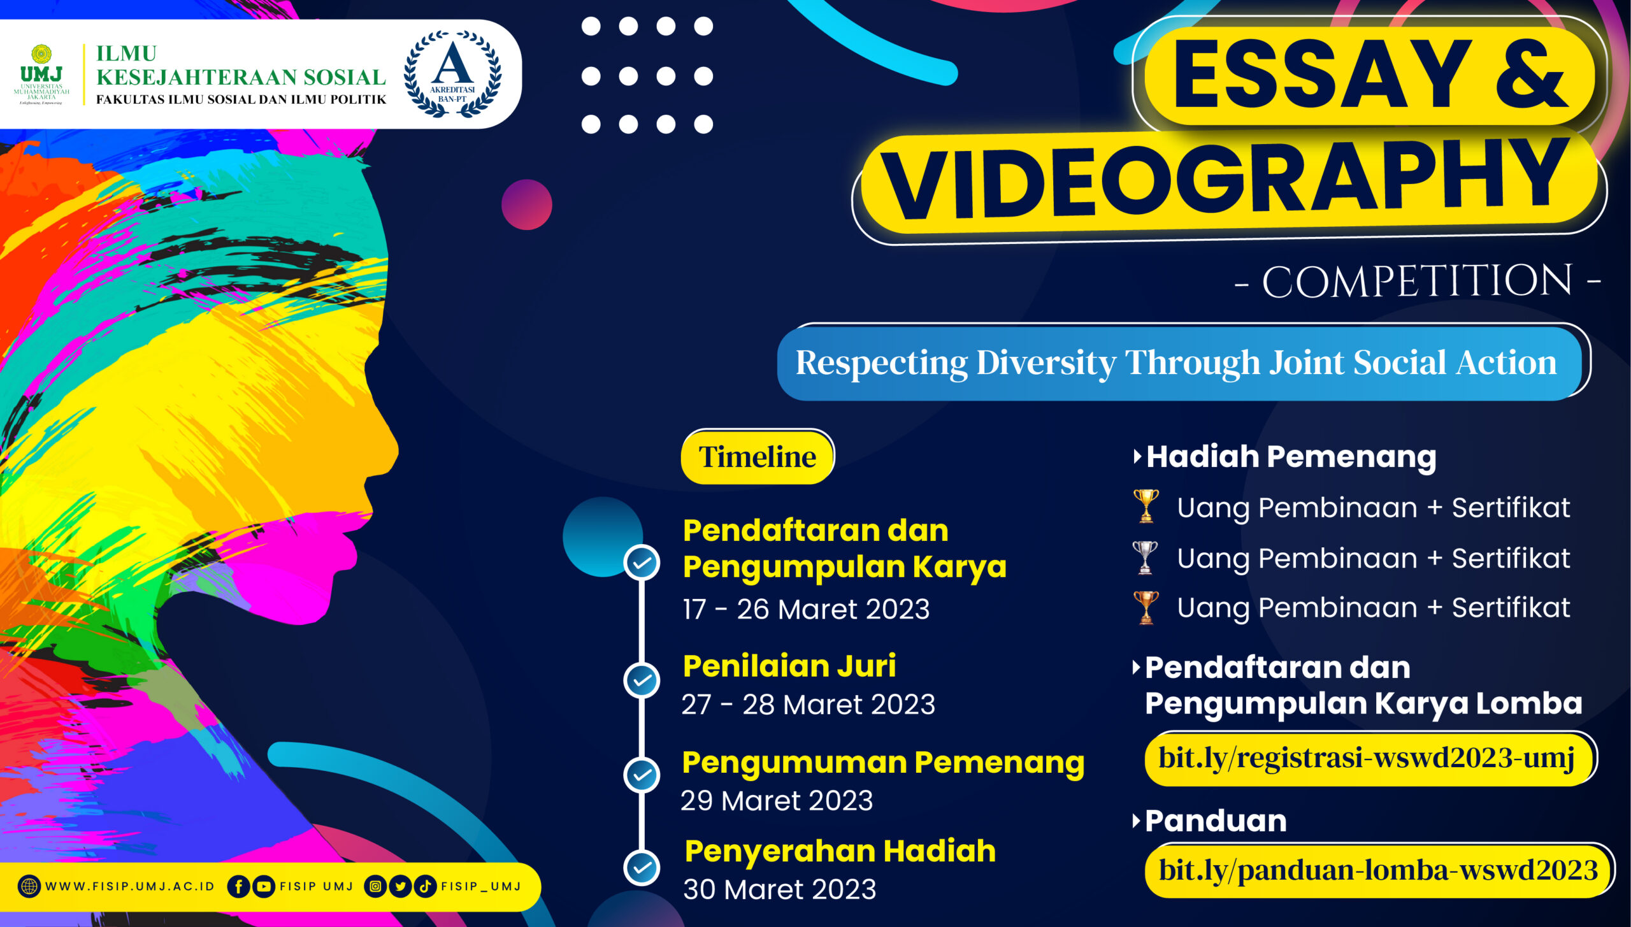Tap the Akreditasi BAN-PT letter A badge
tap(452, 74)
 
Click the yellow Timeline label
tap(758, 457)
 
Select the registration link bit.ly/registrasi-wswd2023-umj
tap(1366, 758)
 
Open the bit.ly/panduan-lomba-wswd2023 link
tap(1378, 870)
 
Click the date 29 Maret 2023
tap(777, 801)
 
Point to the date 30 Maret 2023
tap(780, 889)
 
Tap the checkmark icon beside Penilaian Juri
tap(642, 680)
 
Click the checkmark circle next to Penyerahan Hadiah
tap(642, 867)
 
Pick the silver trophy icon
tap(1145, 557)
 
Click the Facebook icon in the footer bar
tap(238, 886)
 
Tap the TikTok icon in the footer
tap(425, 886)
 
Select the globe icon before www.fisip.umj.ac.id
tap(29, 886)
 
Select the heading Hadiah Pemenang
tap(1291, 457)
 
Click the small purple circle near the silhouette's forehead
tap(527, 205)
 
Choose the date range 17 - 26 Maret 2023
tap(806, 609)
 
